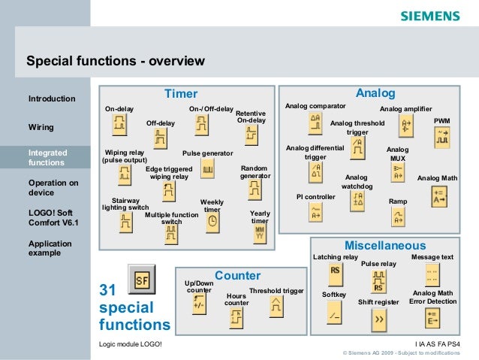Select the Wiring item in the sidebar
pyautogui.click(x=41, y=127)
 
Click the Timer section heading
pyautogui.click(x=181, y=94)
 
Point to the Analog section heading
pyautogui.click(x=375, y=93)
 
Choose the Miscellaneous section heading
pyautogui.click(x=384, y=246)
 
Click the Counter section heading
pyautogui.click(x=237, y=276)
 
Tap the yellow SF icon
pyautogui.click(x=142, y=280)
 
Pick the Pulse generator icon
pyautogui.click(x=208, y=171)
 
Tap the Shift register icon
pyautogui.click(x=379, y=319)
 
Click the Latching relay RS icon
pyautogui.click(x=335, y=271)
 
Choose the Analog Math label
pyautogui.click(x=437, y=178)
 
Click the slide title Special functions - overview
pyautogui.click(x=116, y=60)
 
